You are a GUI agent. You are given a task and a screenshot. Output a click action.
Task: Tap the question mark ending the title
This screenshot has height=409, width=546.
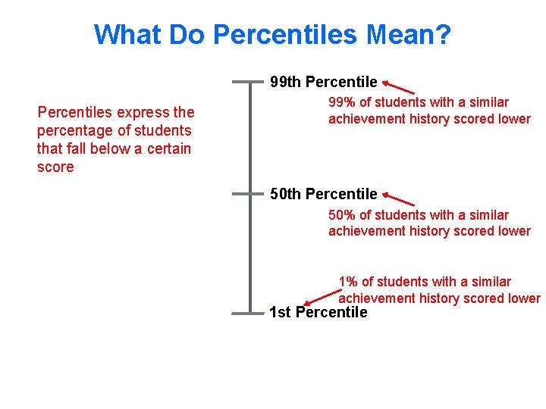click(444, 34)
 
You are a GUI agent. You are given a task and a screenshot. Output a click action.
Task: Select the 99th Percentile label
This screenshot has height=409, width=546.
click(324, 82)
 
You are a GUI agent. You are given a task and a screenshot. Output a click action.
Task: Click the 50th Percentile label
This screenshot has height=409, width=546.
click(324, 194)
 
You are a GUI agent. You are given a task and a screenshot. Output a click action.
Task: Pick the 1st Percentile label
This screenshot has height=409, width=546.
click(318, 312)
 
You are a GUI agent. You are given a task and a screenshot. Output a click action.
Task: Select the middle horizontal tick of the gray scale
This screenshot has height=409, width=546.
click(250, 194)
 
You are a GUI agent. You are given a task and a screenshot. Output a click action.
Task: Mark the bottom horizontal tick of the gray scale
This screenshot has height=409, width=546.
click(250, 312)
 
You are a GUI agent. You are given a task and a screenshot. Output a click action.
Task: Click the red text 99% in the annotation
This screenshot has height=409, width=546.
click(341, 102)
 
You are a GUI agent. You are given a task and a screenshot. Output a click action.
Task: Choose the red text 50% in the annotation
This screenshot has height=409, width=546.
click(341, 215)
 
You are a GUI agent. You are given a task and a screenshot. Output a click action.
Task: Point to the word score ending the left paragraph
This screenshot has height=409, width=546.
click(55, 167)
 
